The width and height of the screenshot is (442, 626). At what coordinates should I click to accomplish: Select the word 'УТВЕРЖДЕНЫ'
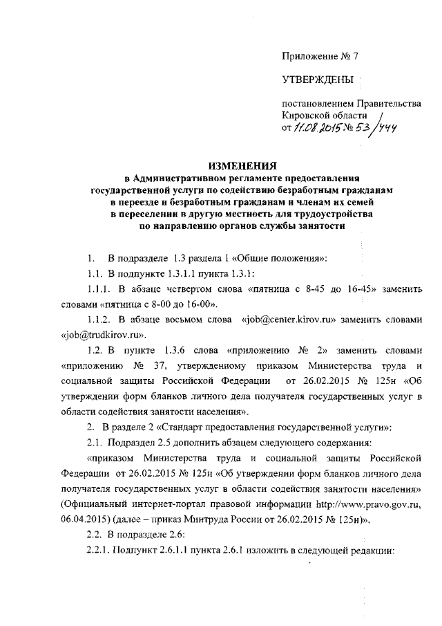(317, 80)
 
